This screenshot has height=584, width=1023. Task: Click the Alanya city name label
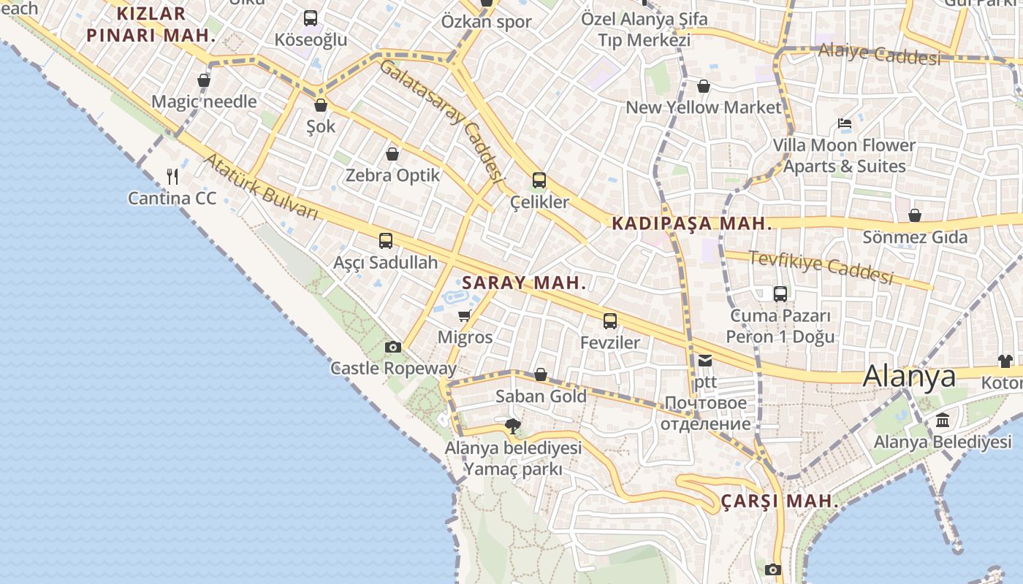point(909,376)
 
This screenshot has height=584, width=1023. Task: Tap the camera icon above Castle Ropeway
point(393,347)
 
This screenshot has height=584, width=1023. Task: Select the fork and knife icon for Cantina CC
point(172,176)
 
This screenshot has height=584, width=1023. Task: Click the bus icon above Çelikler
point(539,180)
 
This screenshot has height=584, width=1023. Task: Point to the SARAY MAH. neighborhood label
point(524,283)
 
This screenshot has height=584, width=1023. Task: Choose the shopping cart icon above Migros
point(464,315)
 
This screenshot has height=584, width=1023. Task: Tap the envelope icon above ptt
point(705,360)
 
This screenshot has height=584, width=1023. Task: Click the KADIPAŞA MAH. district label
point(691,223)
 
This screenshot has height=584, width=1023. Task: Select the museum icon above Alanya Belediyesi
point(943,420)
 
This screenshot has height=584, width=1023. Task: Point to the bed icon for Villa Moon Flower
point(845,123)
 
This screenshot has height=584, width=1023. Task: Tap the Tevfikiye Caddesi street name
point(821,267)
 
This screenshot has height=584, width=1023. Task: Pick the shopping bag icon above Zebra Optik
point(392,154)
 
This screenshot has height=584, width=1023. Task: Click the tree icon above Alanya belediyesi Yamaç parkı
point(513,426)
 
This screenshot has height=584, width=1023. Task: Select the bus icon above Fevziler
point(610,320)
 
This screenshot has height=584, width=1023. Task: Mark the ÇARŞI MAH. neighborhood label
point(780,502)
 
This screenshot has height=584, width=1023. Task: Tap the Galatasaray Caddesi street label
point(443,120)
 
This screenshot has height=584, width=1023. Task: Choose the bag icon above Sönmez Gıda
point(914,215)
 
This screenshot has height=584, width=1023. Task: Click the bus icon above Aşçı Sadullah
point(386,240)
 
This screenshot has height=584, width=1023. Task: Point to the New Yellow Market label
point(703,107)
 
